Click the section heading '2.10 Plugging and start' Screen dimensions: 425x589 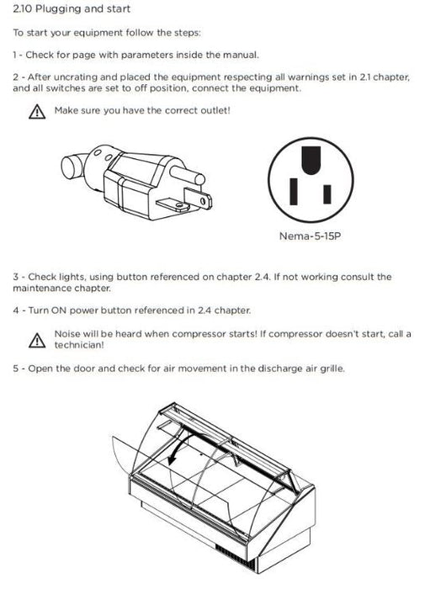pyautogui.click(x=72, y=8)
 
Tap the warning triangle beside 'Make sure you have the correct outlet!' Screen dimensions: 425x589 pyautogui.click(x=37, y=112)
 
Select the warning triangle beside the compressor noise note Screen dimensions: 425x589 pyautogui.click(x=37, y=340)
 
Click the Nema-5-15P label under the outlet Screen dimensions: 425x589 pyautogui.click(x=311, y=236)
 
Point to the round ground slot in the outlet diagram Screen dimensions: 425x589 pyautogui.click(x=311, y=160)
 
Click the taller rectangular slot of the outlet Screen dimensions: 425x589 pyautogui.click(x=294, y=192)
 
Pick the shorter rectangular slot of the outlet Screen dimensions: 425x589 pyautogui.click(x=327, y=194)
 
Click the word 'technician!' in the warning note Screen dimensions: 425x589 pyautogui.click(x=79, y=345)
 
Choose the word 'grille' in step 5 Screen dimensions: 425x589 pyautogui.click(x=332, y=369)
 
